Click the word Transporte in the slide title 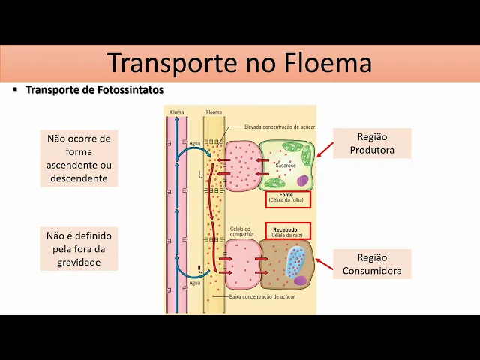[170, 62]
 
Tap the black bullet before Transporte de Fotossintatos [15, 89]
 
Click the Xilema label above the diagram [177, 112]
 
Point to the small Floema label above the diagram [214, 112]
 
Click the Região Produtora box [372, 143]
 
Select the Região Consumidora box [373, 264]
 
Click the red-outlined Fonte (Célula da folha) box [288, 199]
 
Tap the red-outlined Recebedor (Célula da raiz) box [288, 230]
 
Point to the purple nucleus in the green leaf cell [301, 181]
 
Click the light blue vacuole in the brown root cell [295, 262]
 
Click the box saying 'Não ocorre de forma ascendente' [79, 158]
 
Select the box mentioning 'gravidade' [79, 249]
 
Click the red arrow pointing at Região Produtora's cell [325, 147]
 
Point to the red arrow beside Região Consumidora [325, 262]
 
